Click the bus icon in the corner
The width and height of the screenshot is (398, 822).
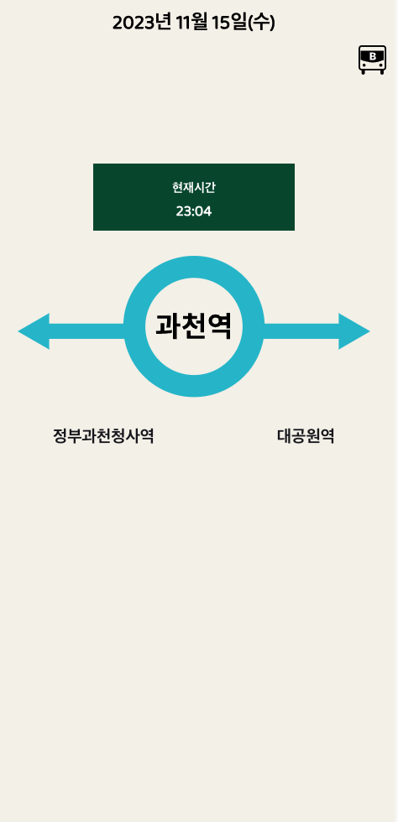(x=372, y=60)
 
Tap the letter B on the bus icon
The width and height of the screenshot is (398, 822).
(x=373, y=56)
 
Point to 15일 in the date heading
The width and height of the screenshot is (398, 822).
(x=229, y=23)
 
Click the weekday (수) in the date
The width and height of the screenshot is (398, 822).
(x=261, y=23)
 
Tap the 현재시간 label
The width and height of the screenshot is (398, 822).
(x=194, y=188)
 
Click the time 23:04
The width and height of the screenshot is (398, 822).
(x=194, y=211)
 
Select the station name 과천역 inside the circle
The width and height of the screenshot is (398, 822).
(x=194, y=326)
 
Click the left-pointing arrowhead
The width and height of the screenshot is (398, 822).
(x=34, y=331)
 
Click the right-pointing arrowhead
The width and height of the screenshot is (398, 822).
(x=354, y=331)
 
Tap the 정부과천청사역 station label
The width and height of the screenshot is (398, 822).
(x=103, y=436)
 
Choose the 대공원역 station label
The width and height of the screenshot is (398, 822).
(x=306, y=436)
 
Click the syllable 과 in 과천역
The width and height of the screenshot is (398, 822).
(x=168, y=326)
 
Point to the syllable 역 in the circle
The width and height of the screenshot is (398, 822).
(x=219, y=326)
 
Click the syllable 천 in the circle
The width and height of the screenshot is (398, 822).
(x=194, y=326)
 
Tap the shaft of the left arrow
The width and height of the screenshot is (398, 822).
(x=87, y=331)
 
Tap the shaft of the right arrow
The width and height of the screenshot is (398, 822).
(x=301, y=331)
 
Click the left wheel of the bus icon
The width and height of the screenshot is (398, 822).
(x=363, y=72)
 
